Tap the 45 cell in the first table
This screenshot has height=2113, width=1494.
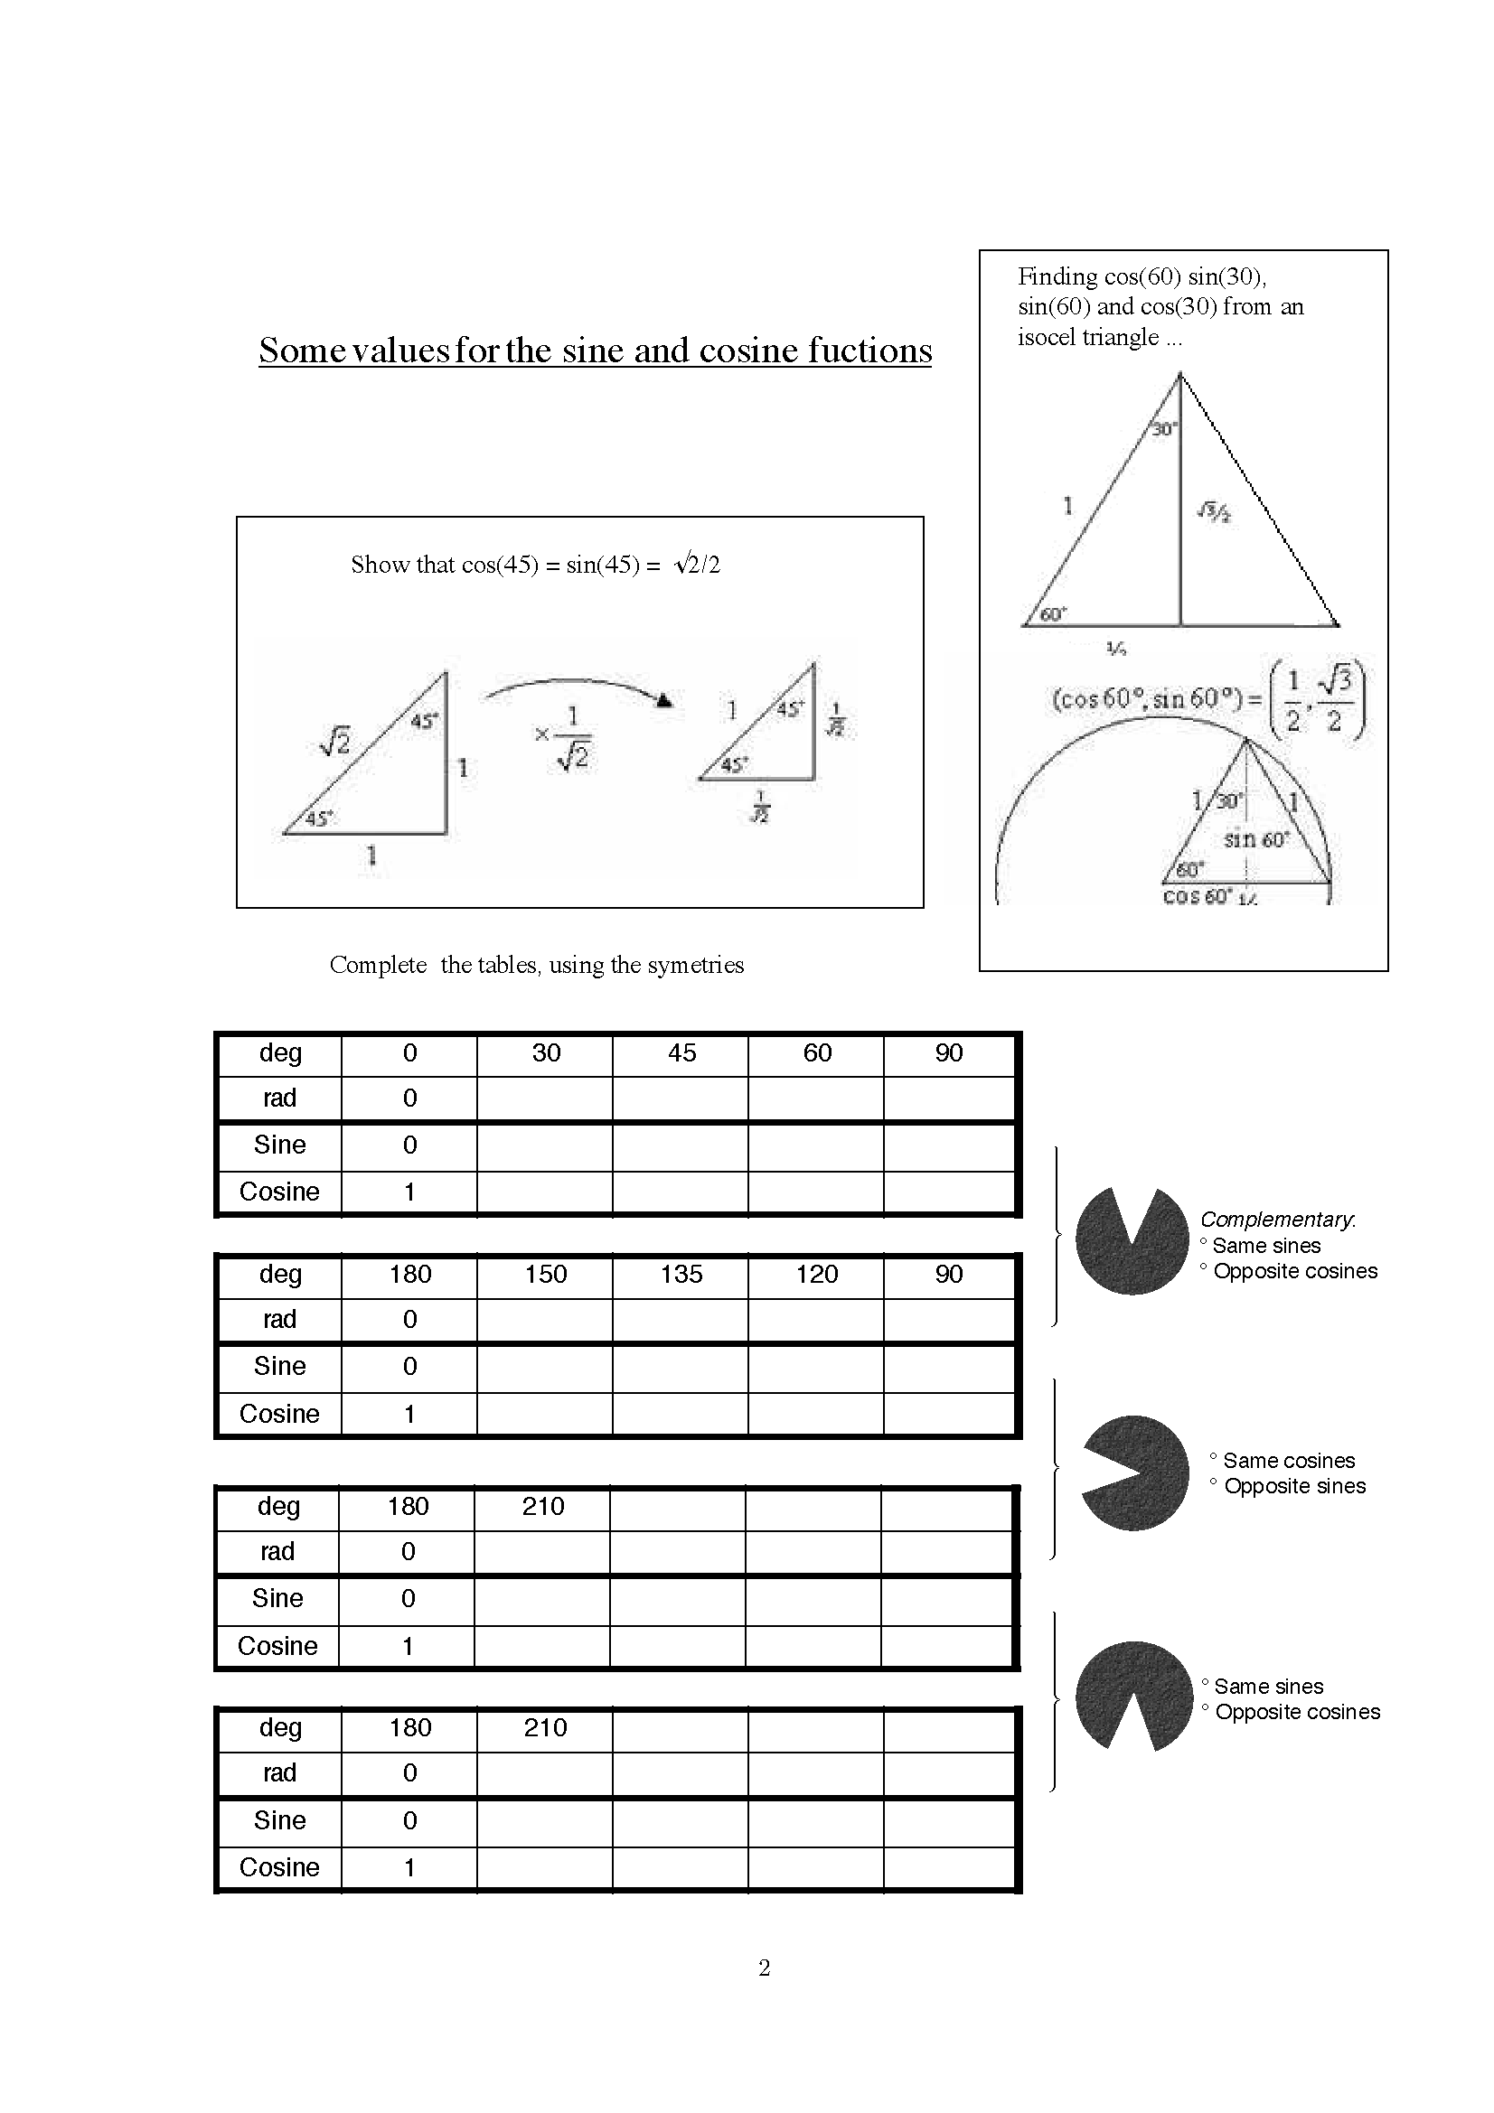[x=681, y=1052]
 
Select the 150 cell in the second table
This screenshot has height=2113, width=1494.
[x=546, y=1275]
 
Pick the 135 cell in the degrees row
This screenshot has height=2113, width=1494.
[x=681, y=1275]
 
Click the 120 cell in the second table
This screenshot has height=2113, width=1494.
[x=816, y=1275]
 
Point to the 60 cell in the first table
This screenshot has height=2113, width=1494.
[x=816, y=1052]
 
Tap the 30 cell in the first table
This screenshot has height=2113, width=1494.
[x=546, y=1052]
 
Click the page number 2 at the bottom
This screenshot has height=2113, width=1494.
[x=764, y=1968]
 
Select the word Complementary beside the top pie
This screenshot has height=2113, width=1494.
[x=1277, y=1220]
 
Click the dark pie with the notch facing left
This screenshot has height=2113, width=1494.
[x=1135, y=1473]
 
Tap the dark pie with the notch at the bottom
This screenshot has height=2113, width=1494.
[x=1133, y=1695]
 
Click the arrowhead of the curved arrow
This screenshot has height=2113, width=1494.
[x=663, y=701]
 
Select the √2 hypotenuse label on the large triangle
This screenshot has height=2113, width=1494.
[x=334, y=741]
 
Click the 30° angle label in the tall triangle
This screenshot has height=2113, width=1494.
[x=1164, y=429]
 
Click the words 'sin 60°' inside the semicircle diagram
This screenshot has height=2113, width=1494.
[x=1256, y=839]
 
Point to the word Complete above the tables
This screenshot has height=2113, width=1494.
[x=378, y=965]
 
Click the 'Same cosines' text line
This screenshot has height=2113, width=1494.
[x=1288, y=1461]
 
